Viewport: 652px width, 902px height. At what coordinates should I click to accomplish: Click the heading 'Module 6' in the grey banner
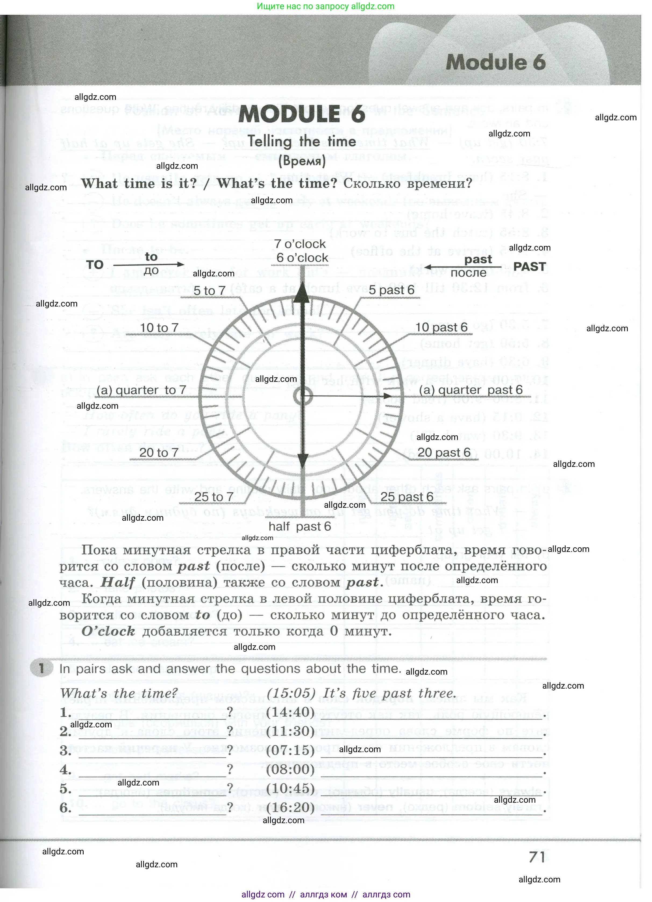click(496, 62)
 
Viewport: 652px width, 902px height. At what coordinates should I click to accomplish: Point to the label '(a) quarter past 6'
click(471, 390)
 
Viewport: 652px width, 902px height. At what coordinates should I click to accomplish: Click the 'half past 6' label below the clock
click(300, 526)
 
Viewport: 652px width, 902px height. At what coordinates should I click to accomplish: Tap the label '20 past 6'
click(444, 452)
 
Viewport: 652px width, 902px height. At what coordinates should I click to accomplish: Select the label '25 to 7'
click(214, 497)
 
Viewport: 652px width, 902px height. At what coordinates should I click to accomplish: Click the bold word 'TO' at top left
click(95, 265)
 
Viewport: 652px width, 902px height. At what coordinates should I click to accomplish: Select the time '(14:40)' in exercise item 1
click(290, 711)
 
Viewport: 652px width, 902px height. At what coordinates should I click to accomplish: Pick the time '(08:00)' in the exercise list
click(290, 769)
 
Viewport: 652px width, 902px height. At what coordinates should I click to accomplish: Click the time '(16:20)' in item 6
click(290, 807)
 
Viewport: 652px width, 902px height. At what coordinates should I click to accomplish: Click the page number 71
click(537, 857)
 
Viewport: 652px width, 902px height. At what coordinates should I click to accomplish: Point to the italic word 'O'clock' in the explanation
click(108, 631)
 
